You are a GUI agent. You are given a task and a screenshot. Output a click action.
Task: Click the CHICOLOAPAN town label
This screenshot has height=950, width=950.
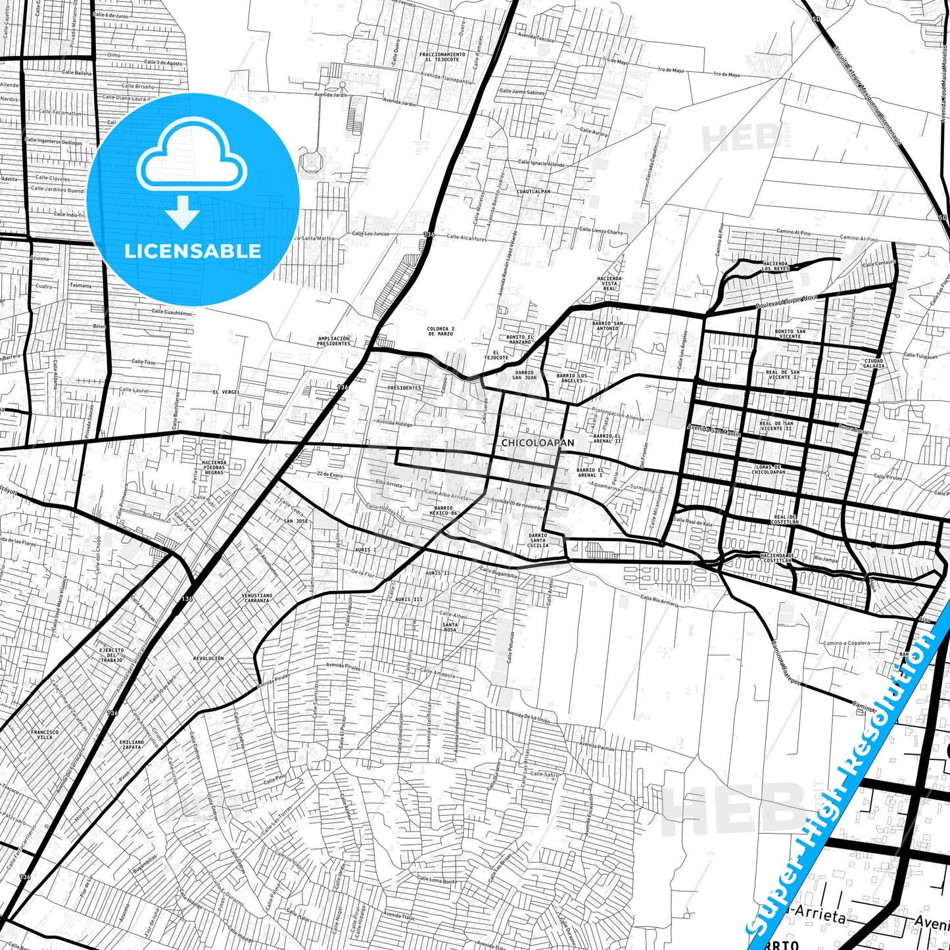pyautogui.click(x=537, y=443)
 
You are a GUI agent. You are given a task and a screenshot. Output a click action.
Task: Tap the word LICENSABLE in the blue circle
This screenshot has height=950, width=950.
pyautogui.click(x=193, y=250)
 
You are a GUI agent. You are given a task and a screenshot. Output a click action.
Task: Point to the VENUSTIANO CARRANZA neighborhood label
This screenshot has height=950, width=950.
pyautogui.click(x=256, y=598)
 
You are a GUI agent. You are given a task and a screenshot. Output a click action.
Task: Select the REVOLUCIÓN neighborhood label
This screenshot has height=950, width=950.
pyautogui.click(x=208, y=658)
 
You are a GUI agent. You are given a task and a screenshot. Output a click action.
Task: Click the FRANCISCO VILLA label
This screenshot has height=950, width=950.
pyautogui.click(x=45, y=734)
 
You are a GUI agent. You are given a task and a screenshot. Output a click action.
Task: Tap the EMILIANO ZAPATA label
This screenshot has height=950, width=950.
pyautogui.click(x=131, y=744)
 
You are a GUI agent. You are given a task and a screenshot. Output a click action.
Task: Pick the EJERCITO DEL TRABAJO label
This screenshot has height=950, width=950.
pyautogui.click(x=111, y=655)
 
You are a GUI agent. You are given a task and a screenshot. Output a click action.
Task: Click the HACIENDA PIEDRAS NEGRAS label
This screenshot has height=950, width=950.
pyautogui.click(x=214, y=467)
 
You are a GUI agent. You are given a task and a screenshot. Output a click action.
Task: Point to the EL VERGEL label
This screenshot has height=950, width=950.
pyautogui.click(x=226, y=392)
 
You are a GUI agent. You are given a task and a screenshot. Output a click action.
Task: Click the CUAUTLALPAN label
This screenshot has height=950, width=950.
pyautogui.click(x=533, y=191)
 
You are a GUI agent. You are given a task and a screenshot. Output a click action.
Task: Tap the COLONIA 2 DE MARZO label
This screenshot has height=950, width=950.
pyautogui.click(x=440, y=331)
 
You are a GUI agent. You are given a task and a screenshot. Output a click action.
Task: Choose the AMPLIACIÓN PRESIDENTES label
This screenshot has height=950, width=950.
pyautogui.click(x=333, y=341)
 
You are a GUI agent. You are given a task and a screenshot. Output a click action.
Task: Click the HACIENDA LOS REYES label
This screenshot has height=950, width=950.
pyautogui.click(x=776, y=266)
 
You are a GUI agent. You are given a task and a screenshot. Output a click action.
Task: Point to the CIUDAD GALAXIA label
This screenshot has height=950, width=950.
pyautogui.click(x=874, y=363)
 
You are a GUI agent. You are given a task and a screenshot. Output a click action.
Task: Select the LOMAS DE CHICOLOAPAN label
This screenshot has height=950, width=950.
pyautogui.click(x=769, y=469)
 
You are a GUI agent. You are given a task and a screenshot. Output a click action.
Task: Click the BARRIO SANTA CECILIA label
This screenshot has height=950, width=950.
pyautogui.click(x=538, y=540)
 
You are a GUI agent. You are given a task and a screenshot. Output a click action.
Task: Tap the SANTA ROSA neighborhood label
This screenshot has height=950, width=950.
pyautogui.click(x=450, y=627)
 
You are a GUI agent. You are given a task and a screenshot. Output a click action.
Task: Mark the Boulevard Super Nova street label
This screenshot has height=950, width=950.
pyautogui.click(x=786, y=302)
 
